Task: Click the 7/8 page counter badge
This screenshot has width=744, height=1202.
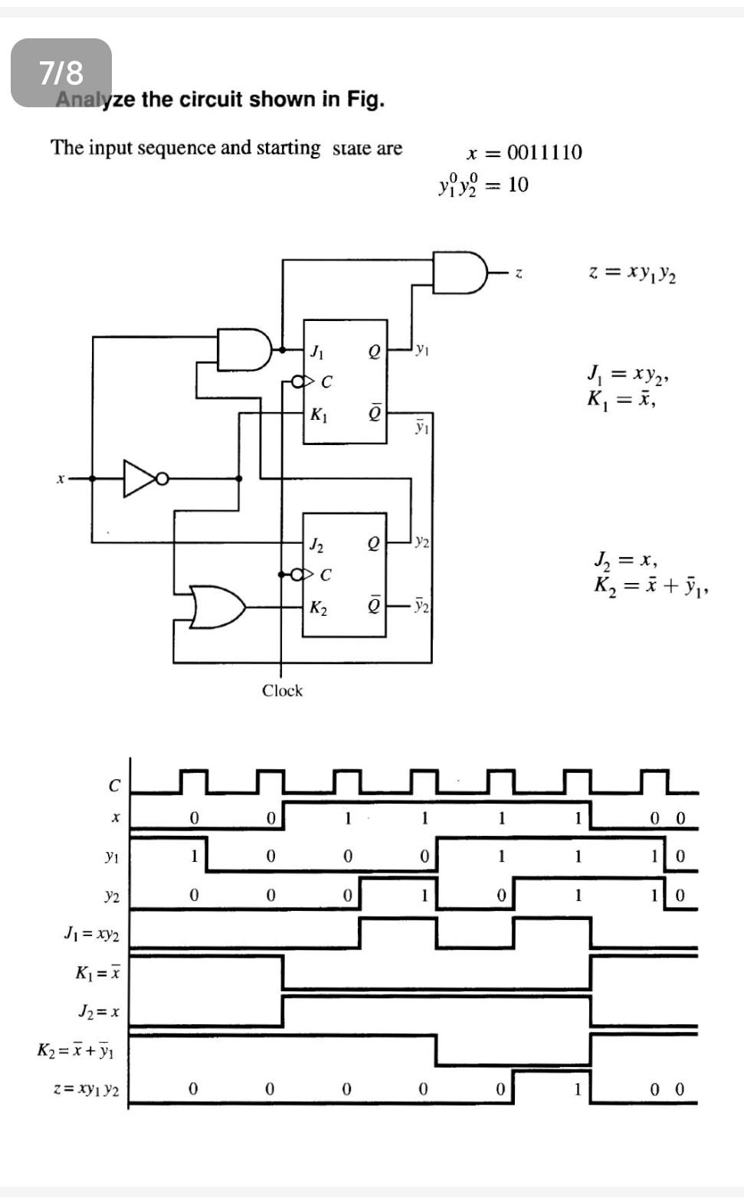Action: pos(61,73)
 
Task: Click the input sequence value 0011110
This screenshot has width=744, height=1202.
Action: pos(544,152)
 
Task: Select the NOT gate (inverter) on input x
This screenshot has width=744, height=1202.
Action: pos(143,479)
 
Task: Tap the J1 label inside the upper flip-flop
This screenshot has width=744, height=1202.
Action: pos(316,353)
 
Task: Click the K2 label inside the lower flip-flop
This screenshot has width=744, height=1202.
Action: pos(318,608)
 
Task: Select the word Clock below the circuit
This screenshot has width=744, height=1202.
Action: pos(282,690)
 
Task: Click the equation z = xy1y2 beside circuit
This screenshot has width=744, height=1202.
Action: pos(632,273)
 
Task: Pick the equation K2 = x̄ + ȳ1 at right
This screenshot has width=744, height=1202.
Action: pos(651,586)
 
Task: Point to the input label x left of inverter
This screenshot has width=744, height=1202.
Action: pos(60,480)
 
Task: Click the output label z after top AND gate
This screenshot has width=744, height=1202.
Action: pos(519,273)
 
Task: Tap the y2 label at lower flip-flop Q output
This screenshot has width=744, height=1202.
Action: pos(421,542)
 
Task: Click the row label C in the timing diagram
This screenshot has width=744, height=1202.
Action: pos(114,786)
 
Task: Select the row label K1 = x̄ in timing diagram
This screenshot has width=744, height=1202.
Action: pos(97,973)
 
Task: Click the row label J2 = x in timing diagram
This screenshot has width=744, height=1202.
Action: pos(99,1012)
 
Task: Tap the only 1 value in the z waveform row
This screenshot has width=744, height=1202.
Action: pos(578,1089)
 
